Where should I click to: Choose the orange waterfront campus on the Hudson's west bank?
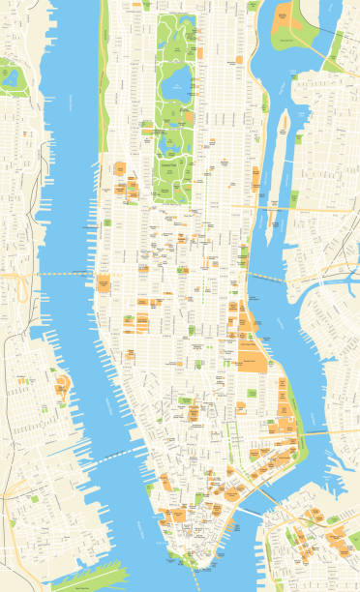click(x=61, y=388)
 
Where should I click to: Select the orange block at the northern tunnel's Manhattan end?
click(x=103, y=283)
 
